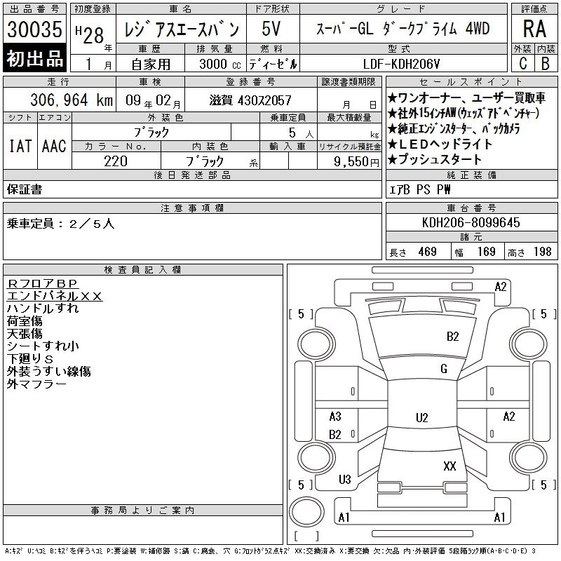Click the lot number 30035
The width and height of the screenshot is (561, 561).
point(34,29)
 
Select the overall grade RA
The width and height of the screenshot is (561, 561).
point(534,29)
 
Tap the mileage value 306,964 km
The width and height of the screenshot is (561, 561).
point(72,100)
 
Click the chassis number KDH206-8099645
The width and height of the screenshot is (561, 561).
point(471,222)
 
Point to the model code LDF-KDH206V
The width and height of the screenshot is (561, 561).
point(401,64)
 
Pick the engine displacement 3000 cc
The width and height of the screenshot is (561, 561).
point(220,64)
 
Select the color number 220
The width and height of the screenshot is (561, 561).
point(116,161)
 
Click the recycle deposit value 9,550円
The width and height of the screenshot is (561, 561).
point(356,162)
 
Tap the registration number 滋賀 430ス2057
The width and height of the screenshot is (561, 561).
point(250,100)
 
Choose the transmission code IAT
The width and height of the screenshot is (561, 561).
point(20,146)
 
